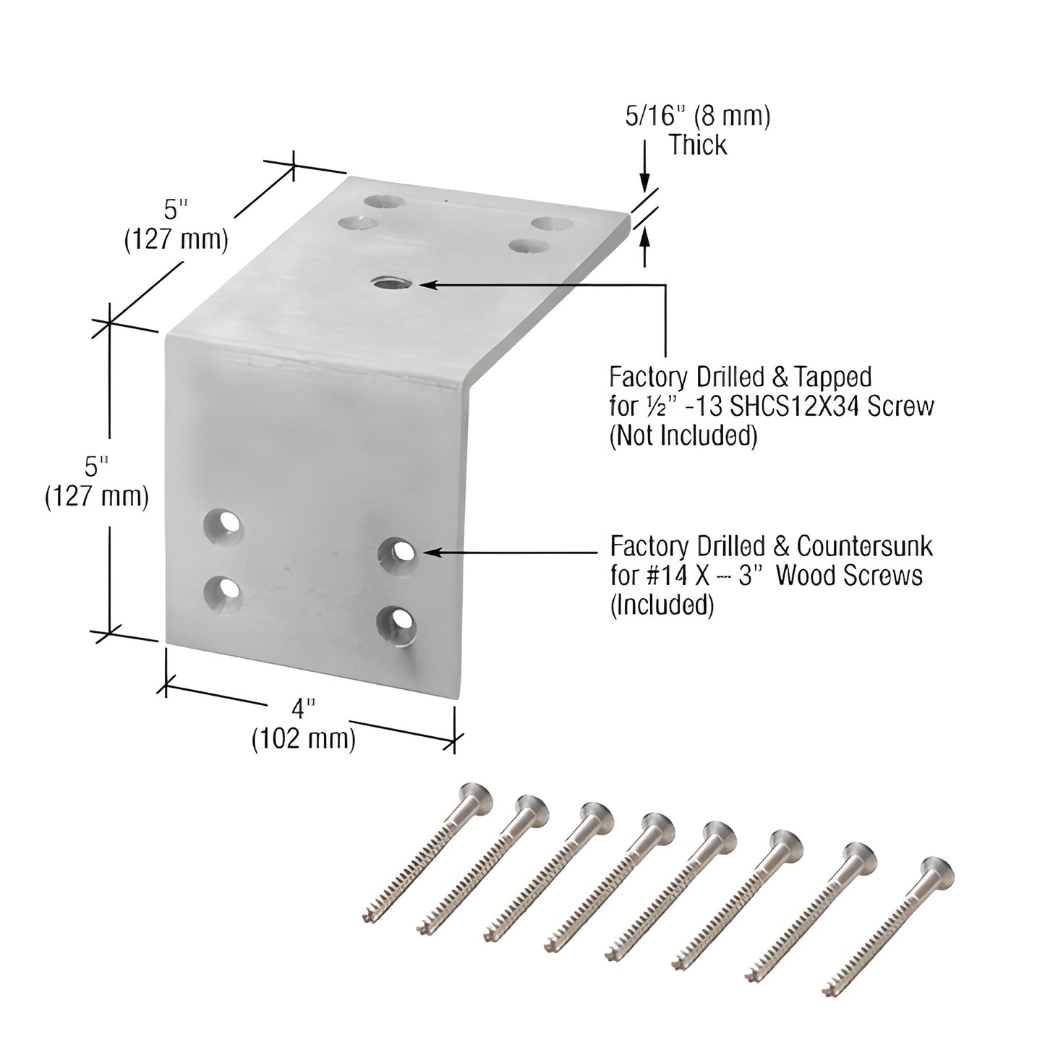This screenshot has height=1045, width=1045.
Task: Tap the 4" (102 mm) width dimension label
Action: click(x=304, y=724)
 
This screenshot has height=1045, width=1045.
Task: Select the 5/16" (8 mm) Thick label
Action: click(x=697, y=131)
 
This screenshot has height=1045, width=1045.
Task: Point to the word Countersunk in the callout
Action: click(x=865, y=546)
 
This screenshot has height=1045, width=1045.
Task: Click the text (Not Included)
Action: click(x=683, y=435)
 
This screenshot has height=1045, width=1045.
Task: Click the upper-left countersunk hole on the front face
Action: click(x=223, y=524)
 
